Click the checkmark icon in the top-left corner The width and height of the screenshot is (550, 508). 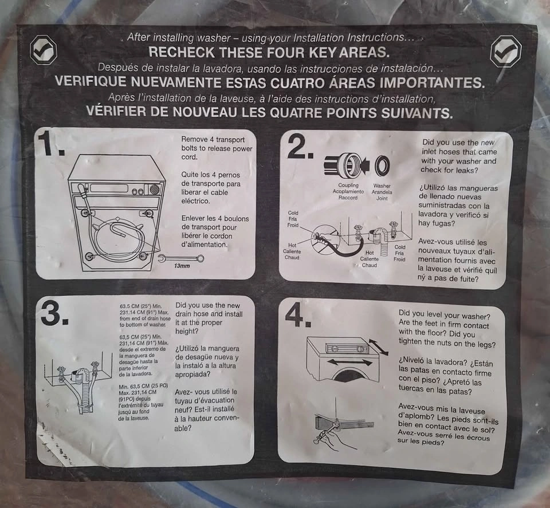[43, 50]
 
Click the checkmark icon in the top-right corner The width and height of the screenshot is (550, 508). [505, 52]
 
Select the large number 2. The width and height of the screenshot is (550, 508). [300, 147]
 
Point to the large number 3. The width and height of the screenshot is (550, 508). [54, 312]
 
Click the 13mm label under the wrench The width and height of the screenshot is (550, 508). [182, 266]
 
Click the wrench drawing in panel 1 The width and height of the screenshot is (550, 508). [181, 259]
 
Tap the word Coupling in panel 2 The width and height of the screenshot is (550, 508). [348, 185]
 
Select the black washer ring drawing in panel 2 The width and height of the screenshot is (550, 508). [382, 165]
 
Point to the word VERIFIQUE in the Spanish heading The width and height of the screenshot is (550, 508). [91, 81]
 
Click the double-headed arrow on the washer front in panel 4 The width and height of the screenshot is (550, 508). [349, 362]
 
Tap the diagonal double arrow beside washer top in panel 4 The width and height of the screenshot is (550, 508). [379, 346]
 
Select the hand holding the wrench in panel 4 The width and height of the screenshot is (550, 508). [329, 439]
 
